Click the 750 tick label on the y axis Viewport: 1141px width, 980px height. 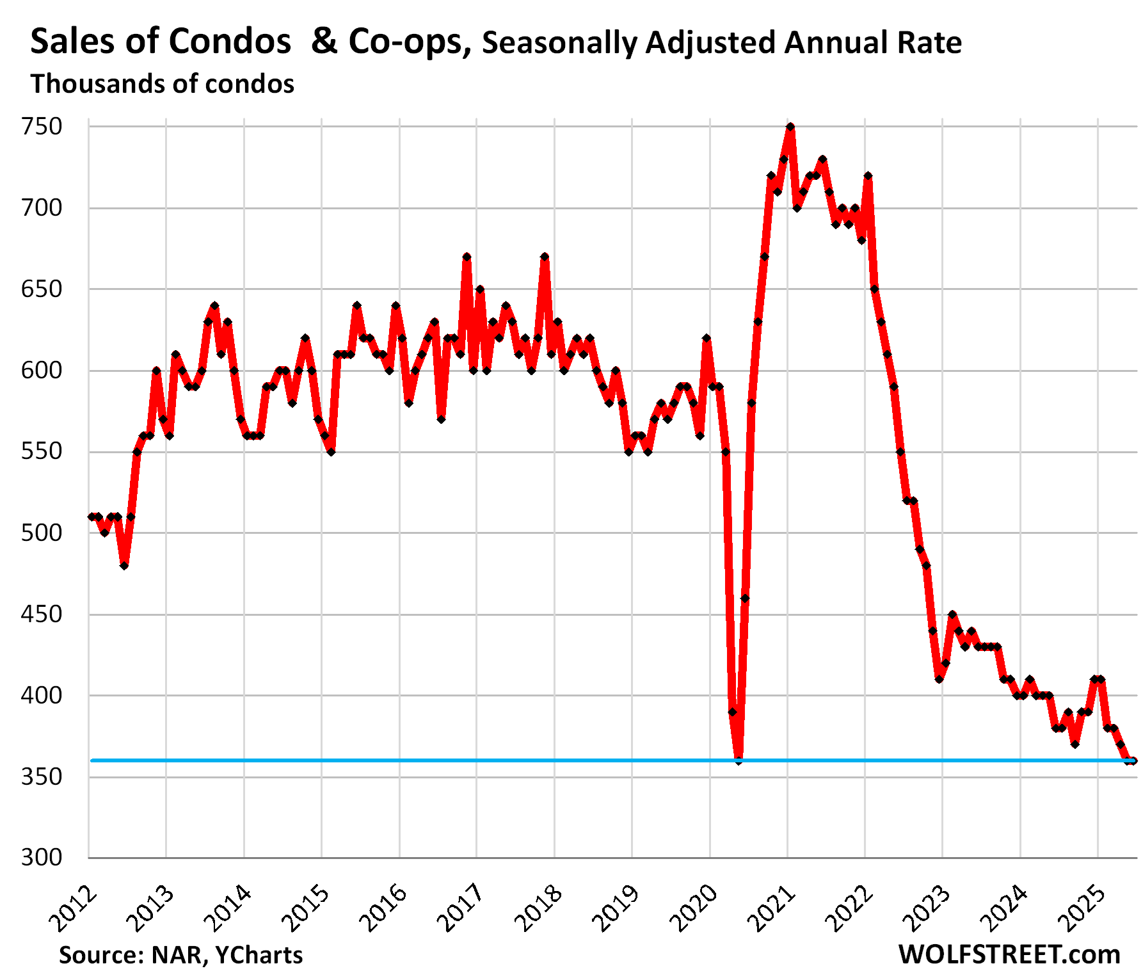click(42, 127)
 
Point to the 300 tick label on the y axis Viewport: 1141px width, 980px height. click(42, 858)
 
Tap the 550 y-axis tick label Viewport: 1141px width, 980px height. click(42, 451)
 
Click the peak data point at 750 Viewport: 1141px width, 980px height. click(790, 127)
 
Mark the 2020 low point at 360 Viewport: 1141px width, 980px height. click(738, 760)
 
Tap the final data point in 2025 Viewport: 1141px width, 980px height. click(1133, 760)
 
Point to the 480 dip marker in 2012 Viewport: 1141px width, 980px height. click(124, 566)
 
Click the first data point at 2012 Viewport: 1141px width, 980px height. click(92, 517)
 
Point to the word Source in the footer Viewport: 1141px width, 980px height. click(100, 955)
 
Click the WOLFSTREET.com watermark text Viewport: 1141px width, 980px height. click(1009, 954)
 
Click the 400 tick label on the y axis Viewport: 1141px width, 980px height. click(42, 695)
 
